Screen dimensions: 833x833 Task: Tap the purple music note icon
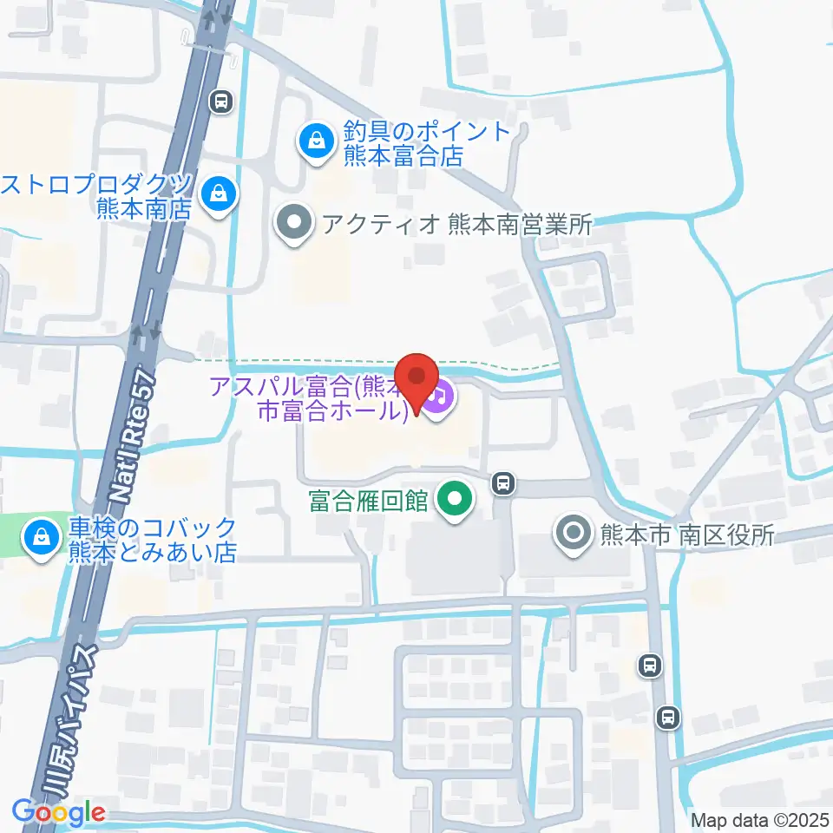pos(440,397)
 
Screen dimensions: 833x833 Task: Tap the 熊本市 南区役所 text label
pos(686,535)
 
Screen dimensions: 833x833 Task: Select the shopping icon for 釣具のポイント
pos(314,138)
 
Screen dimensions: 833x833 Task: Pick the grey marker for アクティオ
pos(294,223)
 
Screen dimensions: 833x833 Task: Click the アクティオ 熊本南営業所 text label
pos(456,225)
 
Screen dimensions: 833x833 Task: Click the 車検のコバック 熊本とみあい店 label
pos(153,540)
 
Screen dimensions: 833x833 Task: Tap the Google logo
pos(58,813)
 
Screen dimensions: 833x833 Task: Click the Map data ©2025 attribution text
pos(760,820)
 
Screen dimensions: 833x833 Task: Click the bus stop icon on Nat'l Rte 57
pos(222,102)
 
